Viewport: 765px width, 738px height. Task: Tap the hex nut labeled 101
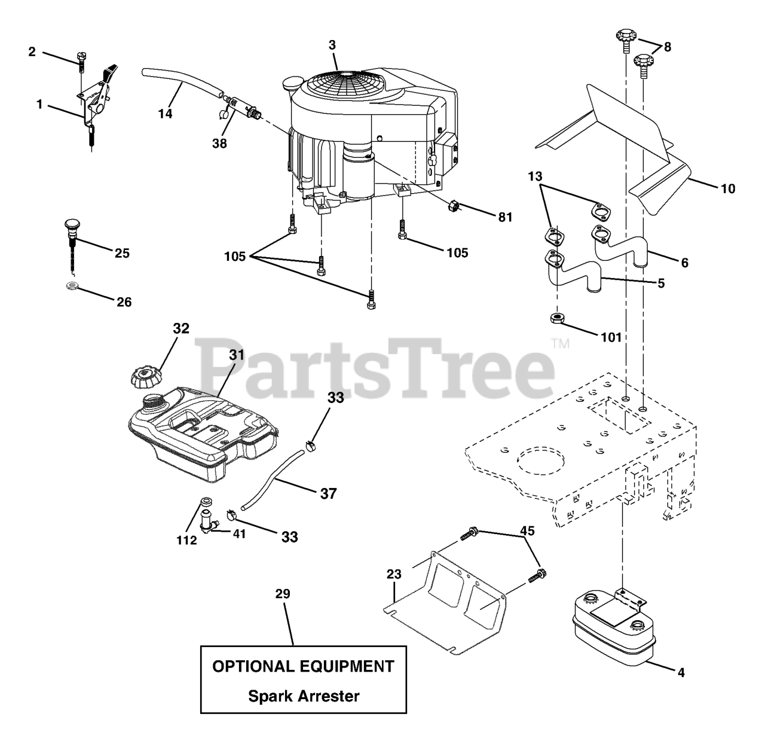[x=558, y=318]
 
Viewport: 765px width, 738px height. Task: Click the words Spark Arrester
[x=304, y=696]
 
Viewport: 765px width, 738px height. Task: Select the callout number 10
[x=728, y=189]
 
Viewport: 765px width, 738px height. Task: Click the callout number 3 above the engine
[x=332, y=45]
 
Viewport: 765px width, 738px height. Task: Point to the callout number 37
[x=328, y=493]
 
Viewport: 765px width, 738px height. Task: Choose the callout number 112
[x=186, y=541]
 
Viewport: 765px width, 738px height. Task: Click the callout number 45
[x=527, y=530]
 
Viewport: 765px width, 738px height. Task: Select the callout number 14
[x=166, y=113]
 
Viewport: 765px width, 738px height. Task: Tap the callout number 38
[x=219, y=144]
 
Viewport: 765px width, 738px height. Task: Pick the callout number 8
[x=667, y=46]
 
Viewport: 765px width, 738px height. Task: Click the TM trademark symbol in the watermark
[x=560, y=344]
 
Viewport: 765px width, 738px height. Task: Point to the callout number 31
[x=237, y=355]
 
